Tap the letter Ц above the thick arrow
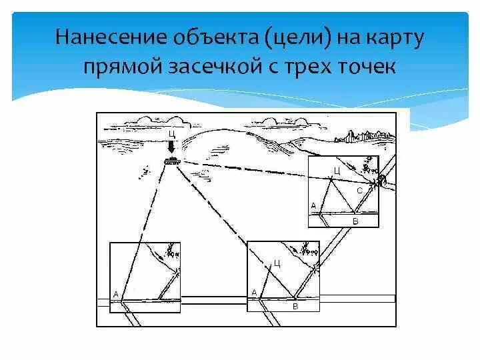pyautogui.click(x=171, y=134)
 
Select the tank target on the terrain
pyautogui.click(x=171, y=160)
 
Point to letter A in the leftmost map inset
pyautogui.click(x=116, y=293)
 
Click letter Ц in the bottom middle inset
pyautogui.click(x=277, y=263)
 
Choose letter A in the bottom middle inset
pyautogui.click(x=254, y=292)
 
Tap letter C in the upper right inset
pyautogui.click(x=359, y=191)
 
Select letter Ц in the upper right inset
pyautogui.click(x=337, y=171)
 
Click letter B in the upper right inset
pyautogui.click(x=355, y=220)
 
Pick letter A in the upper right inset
pyautogui.click(x=313, y=206)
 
